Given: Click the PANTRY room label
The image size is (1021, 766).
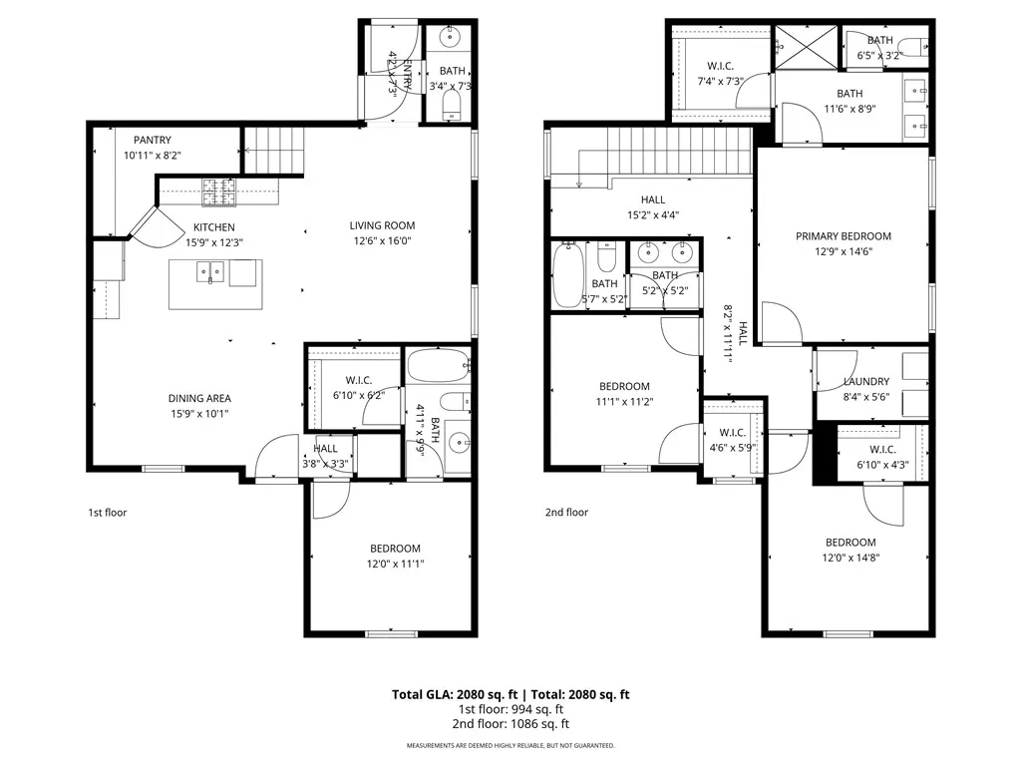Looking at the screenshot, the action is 153,140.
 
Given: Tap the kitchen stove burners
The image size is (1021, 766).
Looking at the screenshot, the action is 218,192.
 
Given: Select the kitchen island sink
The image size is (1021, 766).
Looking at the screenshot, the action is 210,272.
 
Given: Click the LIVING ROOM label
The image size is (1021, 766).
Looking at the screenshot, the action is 382,225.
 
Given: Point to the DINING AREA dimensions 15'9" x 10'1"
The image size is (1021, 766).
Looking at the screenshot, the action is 199,414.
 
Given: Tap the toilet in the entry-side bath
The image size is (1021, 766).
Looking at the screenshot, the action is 452,104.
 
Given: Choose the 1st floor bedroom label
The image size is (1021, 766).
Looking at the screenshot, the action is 395,549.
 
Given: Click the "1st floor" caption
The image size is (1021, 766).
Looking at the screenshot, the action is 108,513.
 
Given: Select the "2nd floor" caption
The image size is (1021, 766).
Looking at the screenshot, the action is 566,513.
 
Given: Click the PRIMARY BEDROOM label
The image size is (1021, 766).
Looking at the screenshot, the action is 844,236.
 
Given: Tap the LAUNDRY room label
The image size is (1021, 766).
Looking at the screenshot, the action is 866,382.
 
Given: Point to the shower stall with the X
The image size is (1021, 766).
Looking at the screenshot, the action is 807,46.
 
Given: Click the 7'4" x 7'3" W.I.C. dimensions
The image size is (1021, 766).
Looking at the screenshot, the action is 720,82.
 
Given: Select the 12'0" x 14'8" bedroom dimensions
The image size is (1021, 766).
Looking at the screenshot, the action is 851,559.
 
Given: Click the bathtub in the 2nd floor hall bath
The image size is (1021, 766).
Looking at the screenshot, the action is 567,275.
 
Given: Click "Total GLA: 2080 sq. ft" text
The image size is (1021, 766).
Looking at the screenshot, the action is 455,694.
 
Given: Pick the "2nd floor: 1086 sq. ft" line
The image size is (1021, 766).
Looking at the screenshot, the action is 510,724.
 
